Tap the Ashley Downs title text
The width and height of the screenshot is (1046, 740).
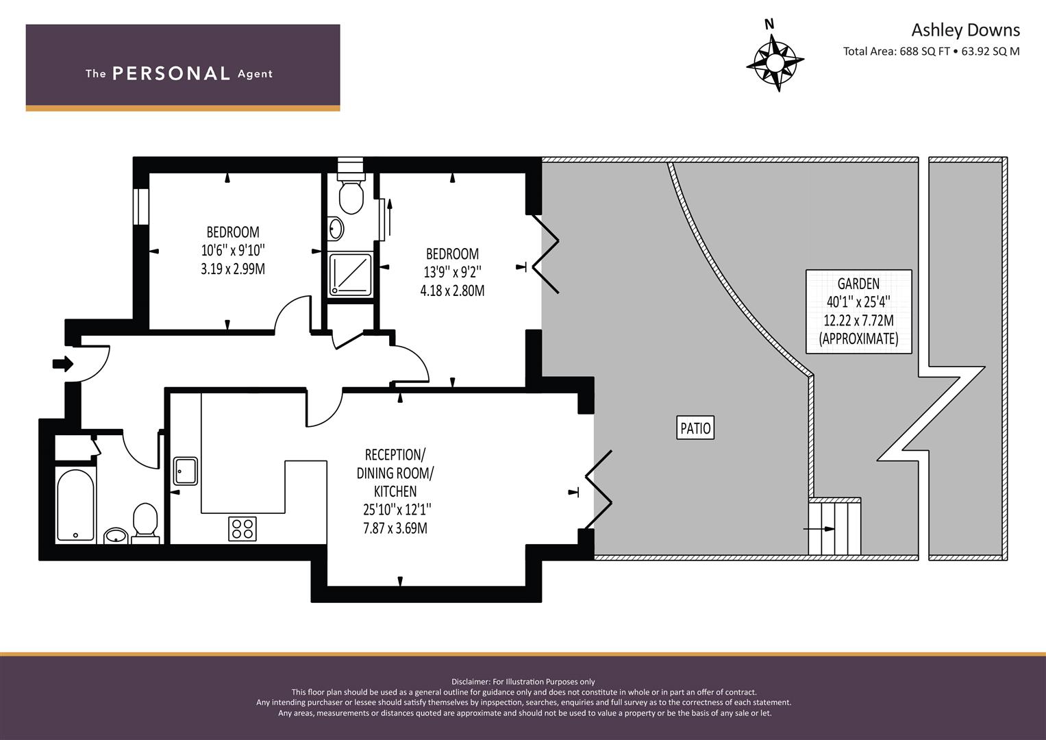(x=964, y=30)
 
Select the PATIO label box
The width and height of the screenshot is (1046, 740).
(x=695, y=428)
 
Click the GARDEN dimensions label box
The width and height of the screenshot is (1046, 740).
(x=858, y=311)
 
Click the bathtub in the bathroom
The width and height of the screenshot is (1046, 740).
(x=75, y=506)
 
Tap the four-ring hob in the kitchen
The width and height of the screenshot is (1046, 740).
(x=242, y=528)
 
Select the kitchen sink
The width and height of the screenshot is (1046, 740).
(x=185, y=471)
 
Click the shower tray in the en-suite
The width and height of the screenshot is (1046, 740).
(x=350, y=275)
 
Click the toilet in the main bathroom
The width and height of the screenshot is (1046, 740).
(x=145, y=522)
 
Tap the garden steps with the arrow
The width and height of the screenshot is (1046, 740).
(x=834, y=528)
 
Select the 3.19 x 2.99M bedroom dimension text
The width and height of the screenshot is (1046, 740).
(x=233, y=269)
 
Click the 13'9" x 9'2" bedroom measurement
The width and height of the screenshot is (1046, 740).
(x=452, y=272)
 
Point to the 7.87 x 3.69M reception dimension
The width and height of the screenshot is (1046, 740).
(x=395, y=528)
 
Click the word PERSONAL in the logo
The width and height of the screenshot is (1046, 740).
(x=171, y=73)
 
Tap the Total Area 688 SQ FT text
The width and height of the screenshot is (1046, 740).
(x=931, y=51)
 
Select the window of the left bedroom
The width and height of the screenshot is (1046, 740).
(x=141, y=206)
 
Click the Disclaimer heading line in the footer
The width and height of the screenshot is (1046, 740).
(x=523, y=681)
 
